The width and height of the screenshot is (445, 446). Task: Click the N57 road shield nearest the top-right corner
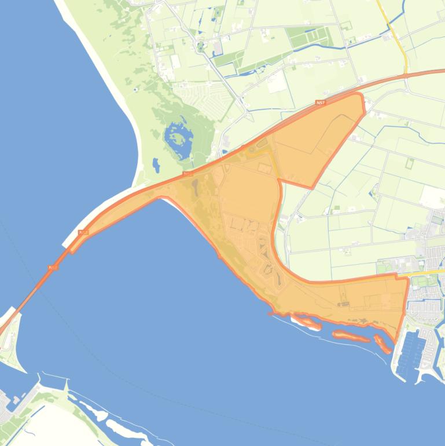321,103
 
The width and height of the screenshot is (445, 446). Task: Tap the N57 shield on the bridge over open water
53,268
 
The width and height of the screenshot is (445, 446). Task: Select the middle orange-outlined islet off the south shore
349,335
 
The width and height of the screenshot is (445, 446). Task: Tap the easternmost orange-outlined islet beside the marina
383,343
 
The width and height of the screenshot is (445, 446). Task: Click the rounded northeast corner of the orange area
361,96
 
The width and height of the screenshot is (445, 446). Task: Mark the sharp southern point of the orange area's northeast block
312,188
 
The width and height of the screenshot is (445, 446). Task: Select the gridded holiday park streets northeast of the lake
197,93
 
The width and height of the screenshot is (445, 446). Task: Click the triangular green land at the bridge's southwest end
10,342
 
